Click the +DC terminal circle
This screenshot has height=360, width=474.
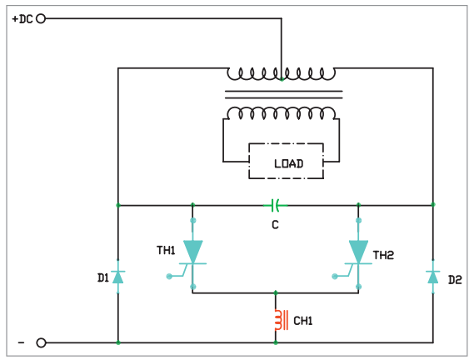click(x=41, y=19)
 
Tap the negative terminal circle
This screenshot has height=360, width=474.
click(x=41, y=343)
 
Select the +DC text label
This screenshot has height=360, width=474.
click(x=22, y=19)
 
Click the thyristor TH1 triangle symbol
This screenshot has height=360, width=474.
click(x=193, y=252)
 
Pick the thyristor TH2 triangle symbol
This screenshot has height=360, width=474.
click(x=358, y=252)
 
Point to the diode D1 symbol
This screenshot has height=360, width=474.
click(x=118, y=277)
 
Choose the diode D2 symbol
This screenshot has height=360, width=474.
click(x=433, y=277)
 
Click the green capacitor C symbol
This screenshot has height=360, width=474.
click(x=275, y=205)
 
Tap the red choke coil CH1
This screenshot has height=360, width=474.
click(x=281, y=320)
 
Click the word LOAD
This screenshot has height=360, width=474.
click(x=289, y=163)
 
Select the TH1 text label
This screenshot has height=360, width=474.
click(x=166, y=251)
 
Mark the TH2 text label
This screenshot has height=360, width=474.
click(x=383, y=255)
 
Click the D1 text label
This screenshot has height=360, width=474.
click(x=103, y=277)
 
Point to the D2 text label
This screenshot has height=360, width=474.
click(x=455, y=280)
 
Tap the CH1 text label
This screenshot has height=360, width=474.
click(x=303, y=321)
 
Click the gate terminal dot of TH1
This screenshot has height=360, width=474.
click(x=169, y=276)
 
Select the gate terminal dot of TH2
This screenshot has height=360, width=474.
click(x=335, y=276)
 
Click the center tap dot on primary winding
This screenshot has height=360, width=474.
click(x=282, y=79)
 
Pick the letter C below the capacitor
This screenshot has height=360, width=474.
click(x=275, y=225)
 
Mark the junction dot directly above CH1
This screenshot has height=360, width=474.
click(x=276, y=292)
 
